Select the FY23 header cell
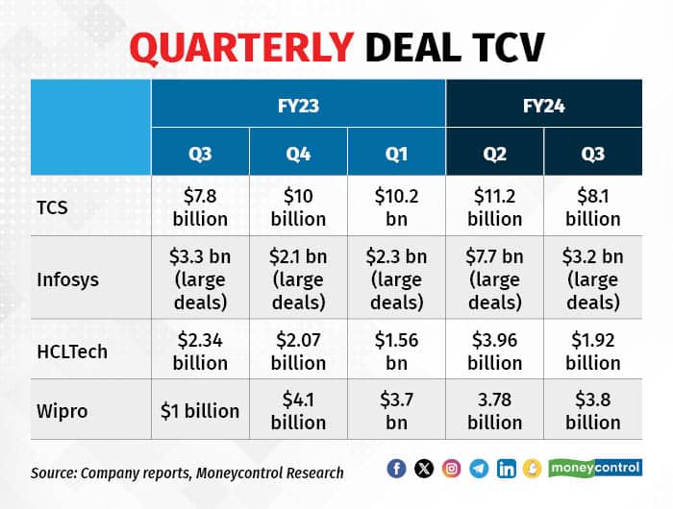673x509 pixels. tap(298, 103)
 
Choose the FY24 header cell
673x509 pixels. tap(544, 103)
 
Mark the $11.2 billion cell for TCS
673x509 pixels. tap(494, 206)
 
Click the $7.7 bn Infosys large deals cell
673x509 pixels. tap(494, 279)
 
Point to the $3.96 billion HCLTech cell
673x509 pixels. tap(494, 351)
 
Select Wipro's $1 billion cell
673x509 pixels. tap(200, 410)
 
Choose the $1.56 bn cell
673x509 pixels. tap(396, 351)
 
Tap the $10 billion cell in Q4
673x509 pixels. tap(298, 206)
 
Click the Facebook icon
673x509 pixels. tap(396, 469)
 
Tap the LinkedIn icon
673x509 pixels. tap(507, 469)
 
